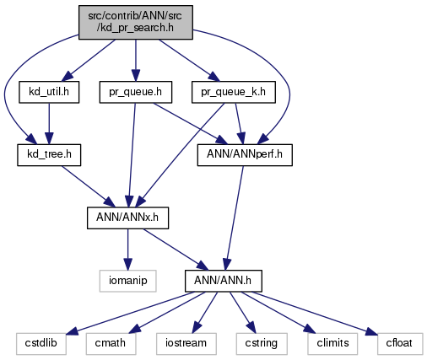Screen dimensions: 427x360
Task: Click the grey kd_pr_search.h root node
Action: tap(136, 22)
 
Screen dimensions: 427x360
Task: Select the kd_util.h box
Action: tap(49, 92)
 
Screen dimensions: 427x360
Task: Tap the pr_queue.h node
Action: tap(136, 92)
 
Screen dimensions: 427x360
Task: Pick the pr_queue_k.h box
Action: tap(234, 92)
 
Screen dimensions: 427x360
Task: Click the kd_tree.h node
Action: tap(49, 155)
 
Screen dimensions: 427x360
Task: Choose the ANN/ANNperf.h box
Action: tap(245, 155)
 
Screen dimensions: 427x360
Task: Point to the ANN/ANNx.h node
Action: tap(127, 218)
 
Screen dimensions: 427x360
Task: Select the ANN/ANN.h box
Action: tap(224, 281)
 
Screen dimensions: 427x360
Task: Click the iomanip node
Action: tap(127, 281)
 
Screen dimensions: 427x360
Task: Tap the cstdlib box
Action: tap(41, 344)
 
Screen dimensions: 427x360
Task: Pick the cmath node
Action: tap(111, 344)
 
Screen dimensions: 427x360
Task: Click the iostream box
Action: tap(186, 344)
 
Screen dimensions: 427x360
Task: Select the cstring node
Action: tap(262, 344)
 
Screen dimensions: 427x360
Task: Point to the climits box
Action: tap(332, 344)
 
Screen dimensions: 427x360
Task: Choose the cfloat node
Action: tap(400, 344)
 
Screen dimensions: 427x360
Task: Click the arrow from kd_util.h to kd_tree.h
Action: tap(49, 124)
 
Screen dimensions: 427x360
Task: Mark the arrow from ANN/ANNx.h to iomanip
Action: tap(127, 250)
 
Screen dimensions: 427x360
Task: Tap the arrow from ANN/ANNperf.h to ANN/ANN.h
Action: tap(235, 218)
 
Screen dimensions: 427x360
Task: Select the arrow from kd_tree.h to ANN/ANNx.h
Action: tap(89, 186)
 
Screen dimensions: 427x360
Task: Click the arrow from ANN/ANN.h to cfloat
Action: tap(315, 314)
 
